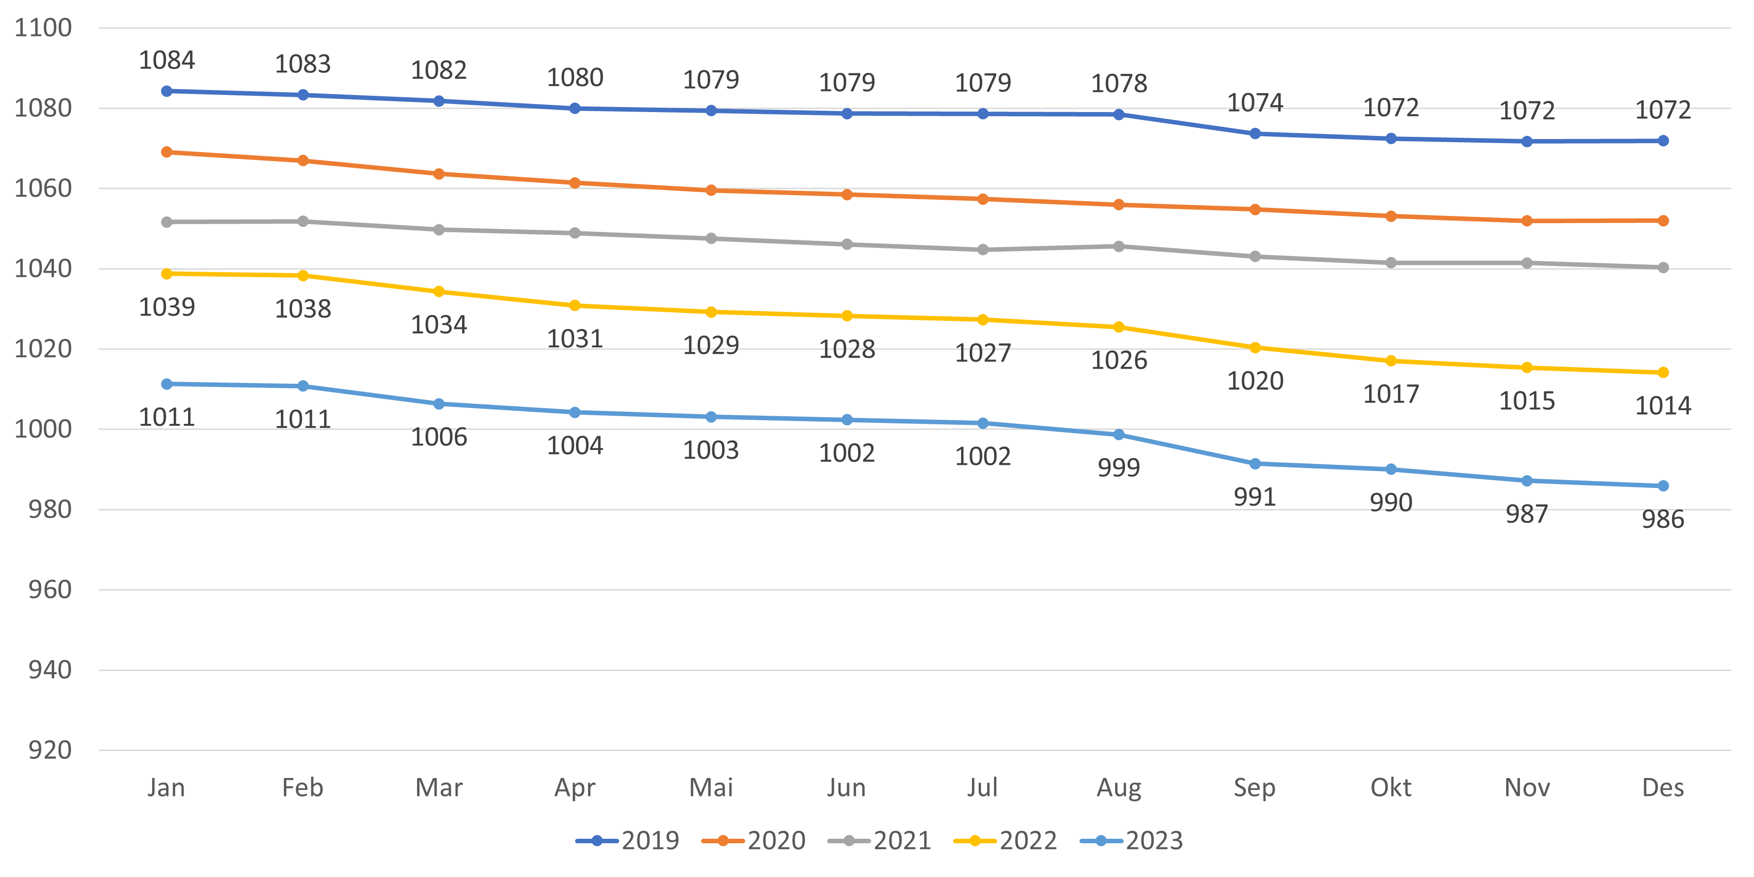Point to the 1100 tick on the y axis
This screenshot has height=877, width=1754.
(43, 28)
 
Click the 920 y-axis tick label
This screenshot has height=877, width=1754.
(49, 751)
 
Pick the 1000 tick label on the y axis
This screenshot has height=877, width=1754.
(43, 429)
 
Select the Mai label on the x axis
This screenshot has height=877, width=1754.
(711, 788)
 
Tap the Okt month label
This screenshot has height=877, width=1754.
(1390, 788)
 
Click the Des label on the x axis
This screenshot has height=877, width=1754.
(1663, 788)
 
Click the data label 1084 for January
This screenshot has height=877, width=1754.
(167, 61)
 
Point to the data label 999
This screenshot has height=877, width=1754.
(1119, 468)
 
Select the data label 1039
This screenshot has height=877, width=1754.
(167, 307)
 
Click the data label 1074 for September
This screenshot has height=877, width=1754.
(1255, 102)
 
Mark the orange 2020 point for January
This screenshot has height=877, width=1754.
(167, 152)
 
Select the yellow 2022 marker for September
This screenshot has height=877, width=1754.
(1255, 348)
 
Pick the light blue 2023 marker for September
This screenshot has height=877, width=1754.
(1255, 463)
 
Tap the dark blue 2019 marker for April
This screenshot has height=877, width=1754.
(575, 108)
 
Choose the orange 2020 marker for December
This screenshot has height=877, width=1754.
(1663, 220)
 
